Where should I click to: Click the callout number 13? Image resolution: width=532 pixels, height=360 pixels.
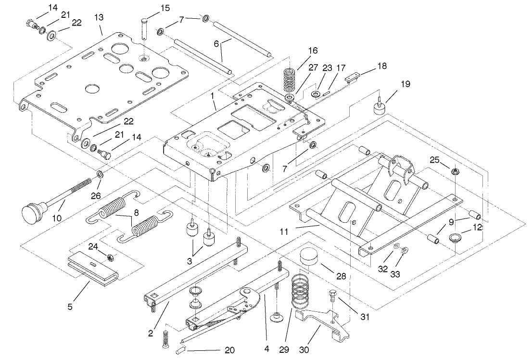click(x=99, y=18)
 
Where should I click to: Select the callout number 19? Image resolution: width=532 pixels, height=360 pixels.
click(x=405, y=84)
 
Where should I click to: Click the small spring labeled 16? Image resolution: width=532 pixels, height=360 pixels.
click(x=289, y=79)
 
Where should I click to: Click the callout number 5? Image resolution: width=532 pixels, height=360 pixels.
click(x=70, y=306)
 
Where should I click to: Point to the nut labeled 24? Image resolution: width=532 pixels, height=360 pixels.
click(x=109, y=257)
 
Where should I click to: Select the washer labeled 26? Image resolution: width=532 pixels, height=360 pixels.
click(x=101, y=173)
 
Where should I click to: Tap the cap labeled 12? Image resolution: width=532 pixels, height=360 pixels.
click(x=454, y=237)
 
